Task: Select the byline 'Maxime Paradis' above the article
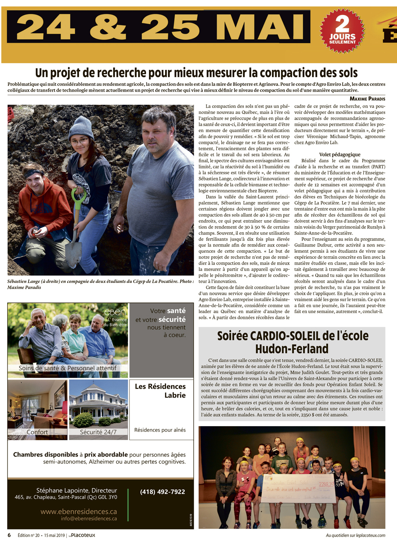(367, 98)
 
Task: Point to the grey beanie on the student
(81, 125)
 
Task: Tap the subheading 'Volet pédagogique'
(339, 154)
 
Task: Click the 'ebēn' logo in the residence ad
(115, 312)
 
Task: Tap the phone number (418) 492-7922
(162, 492)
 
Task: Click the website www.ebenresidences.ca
(79, 511)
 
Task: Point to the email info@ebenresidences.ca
(89, 519)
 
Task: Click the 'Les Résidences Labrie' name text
(160, 390)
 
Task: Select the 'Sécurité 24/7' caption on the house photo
(98, 432)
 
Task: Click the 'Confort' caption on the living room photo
(37, 432)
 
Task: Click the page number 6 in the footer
(9, 535)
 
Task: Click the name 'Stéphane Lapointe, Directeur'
(77, 490)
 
